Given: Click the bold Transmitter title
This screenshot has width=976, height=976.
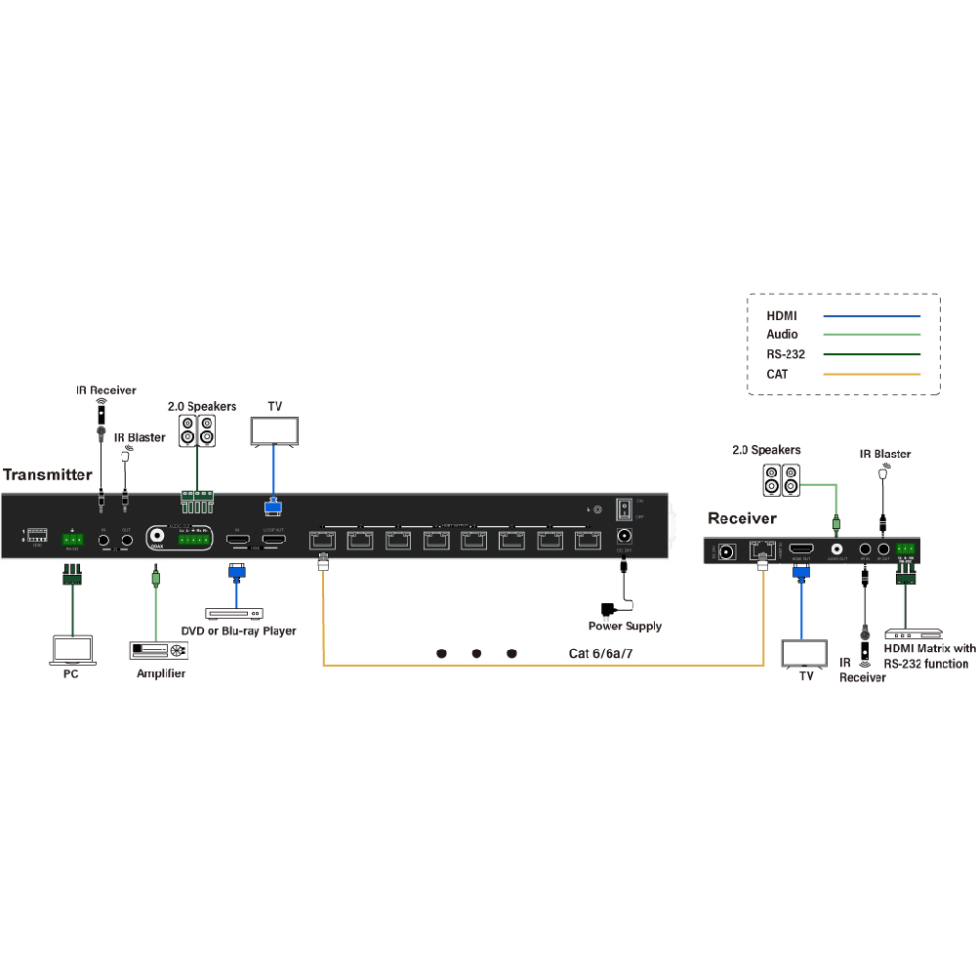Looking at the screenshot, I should [x=47, y=475].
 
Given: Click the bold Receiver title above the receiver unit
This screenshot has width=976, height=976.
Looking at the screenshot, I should [x=742, y=518].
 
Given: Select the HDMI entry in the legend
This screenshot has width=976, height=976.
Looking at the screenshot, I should [x=782, y=316].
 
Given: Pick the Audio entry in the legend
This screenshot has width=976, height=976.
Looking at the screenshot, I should [x=782, y=335].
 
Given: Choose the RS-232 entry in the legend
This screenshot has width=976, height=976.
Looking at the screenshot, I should [x=786, y=354].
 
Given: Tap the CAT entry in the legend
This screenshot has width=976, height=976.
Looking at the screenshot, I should [x=777, y=374].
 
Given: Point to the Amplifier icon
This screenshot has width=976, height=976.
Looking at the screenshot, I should [x=157, y=651].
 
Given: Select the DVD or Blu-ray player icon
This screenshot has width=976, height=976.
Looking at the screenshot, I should [x=234, y=613].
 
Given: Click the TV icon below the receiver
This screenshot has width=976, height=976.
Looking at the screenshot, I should [x=805, y=653].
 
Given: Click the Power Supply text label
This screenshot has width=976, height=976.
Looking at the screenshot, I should [x=625, y=627].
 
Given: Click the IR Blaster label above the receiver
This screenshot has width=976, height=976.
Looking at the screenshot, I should [x=885, y=454].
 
